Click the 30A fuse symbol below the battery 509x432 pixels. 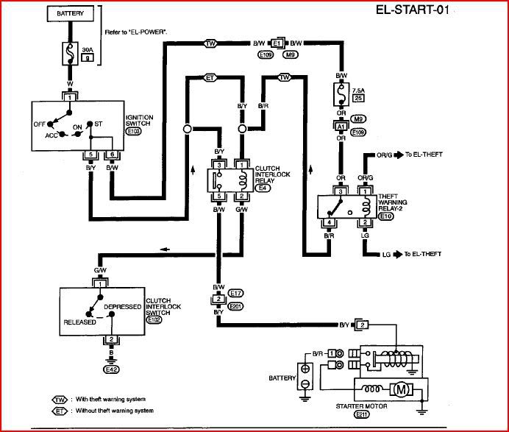tap(71, 53)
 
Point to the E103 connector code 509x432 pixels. tap(133, 132)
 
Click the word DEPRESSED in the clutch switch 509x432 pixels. tap(121, 306)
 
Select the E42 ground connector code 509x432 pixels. tap(112, 369)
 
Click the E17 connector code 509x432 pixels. tap(236, 292)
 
